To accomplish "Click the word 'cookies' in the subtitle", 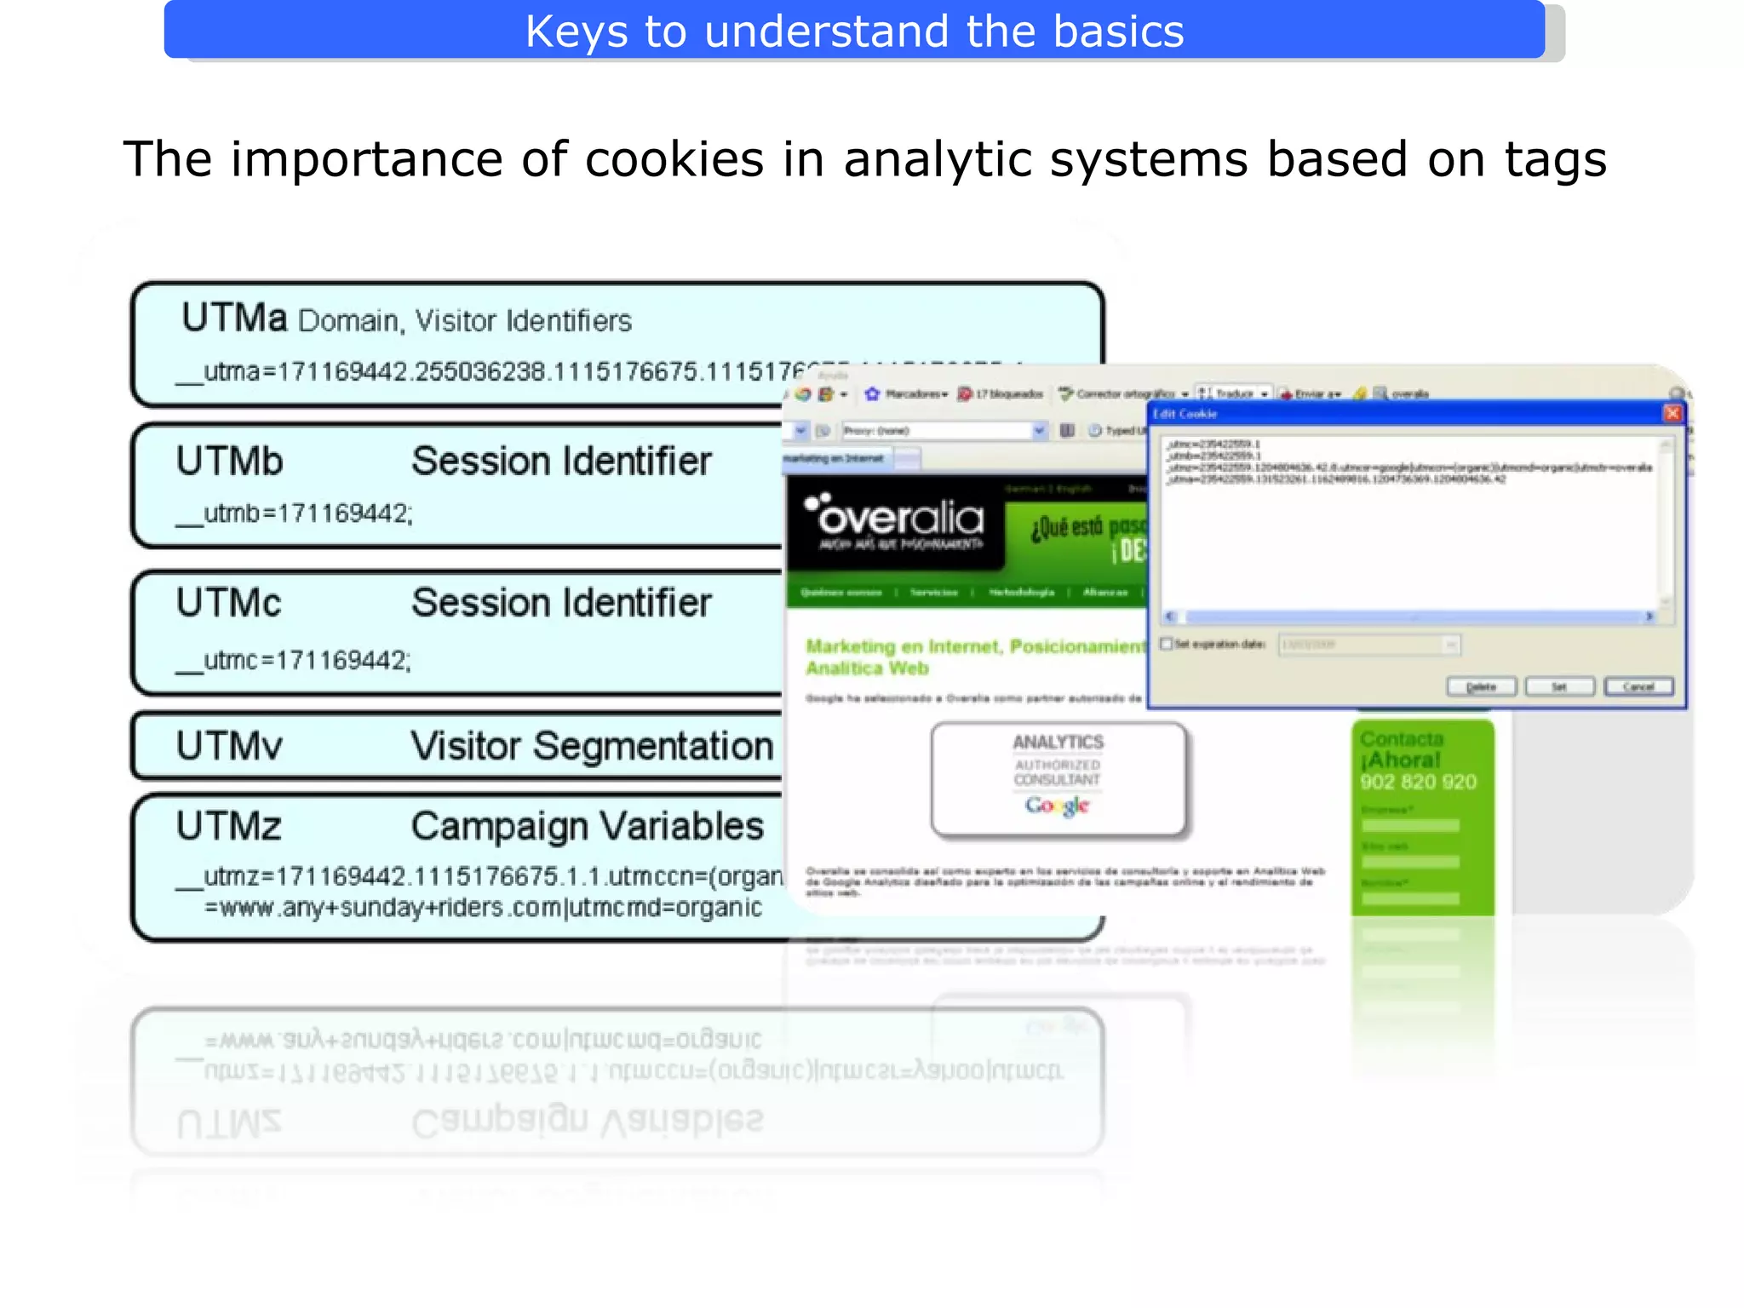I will (x=674, y=159).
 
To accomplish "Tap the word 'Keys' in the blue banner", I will (x=576, y=32).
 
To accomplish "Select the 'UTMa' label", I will (x=234, y=318).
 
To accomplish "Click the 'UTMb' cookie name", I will (x=229, y=462).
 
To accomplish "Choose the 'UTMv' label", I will (x=229, y=746).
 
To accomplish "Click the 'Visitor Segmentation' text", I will (x=592, y=746).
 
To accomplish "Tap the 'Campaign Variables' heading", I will (x=588, y=826).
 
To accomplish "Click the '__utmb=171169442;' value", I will (x=295, y=513).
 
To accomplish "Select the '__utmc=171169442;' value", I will (x=294, y=660).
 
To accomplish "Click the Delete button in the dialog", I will (x=1481, y=686).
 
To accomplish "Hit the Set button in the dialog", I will (x=1558, y=686).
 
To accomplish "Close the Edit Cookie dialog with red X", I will (x=1672, y=414).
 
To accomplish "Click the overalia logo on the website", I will (x=895, y=519).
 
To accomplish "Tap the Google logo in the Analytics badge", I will (x=1057, y=805).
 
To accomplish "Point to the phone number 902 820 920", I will (x=1418, y=782).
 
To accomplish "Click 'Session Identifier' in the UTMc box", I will (x=561, y=603).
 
